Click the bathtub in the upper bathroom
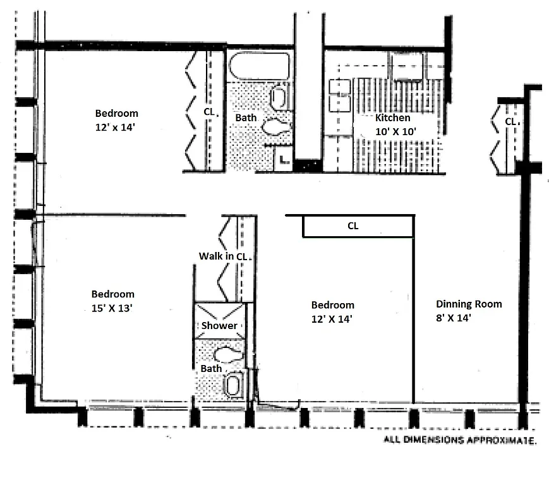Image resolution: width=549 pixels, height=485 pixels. (259, 66)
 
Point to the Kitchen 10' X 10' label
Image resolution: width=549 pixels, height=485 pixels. (393, 124)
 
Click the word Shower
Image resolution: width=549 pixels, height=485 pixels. (219, 326)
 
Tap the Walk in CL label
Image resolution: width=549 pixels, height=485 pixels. (222, 256)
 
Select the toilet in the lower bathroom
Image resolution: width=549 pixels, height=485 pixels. (228, 354)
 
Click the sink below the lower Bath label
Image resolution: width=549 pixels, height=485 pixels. (233, 384)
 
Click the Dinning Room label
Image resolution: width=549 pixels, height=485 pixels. (469, 304)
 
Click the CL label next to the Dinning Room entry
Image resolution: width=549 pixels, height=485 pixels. (510, 121)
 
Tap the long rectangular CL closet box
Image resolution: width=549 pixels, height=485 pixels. (358, 226)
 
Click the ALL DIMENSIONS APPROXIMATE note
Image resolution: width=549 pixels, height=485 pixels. (460, 440)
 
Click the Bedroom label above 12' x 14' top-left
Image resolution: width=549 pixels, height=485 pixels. (116, 114)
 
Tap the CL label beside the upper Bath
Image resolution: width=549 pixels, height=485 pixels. (209, 112)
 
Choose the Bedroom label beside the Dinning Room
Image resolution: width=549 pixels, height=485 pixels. (332, 304)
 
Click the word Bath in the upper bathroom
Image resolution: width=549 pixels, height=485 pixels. (245, 118)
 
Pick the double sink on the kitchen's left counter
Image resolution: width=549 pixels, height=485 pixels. (339, 95)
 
